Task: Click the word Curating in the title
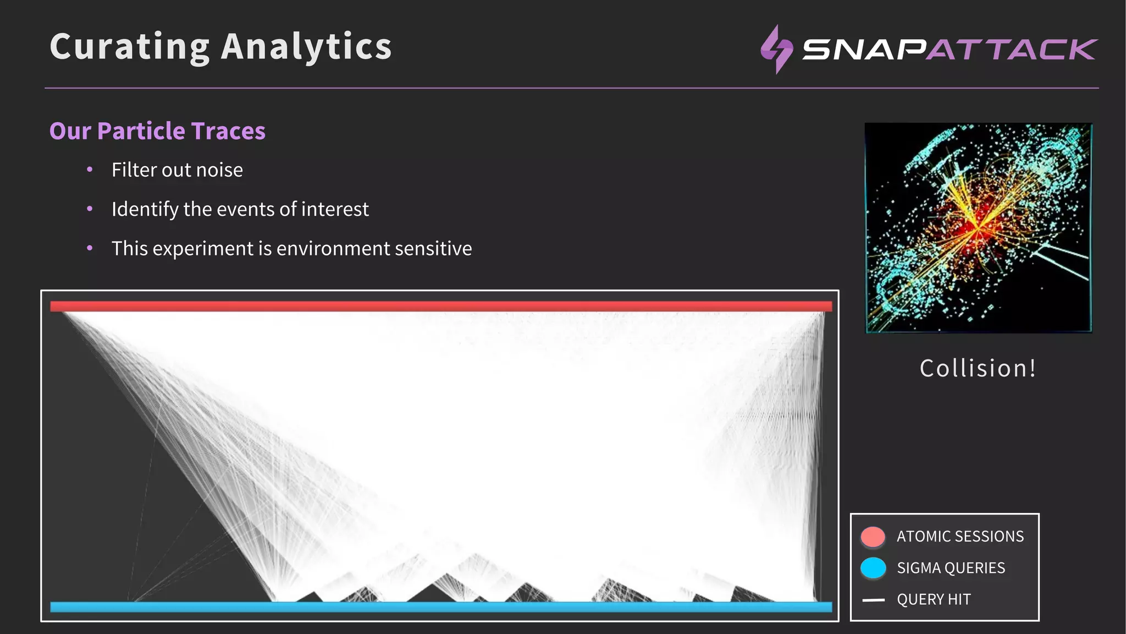coord(130,47)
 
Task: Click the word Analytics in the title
coord(306,47)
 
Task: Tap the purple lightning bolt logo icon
coord(776,50)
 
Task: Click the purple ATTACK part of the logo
coord(1012,50)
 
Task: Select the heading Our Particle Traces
coord(157,131)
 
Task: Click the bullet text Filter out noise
coord(177,170)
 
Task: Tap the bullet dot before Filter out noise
coord(90,170)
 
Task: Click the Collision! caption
coord(978,368)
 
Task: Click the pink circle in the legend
coord(873,537)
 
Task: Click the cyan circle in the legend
coord(873,568)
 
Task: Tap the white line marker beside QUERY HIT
coord(873,600)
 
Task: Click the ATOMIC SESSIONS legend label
coord(960,537)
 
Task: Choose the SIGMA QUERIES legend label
coord(951,568)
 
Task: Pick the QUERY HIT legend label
coord(934,599)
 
